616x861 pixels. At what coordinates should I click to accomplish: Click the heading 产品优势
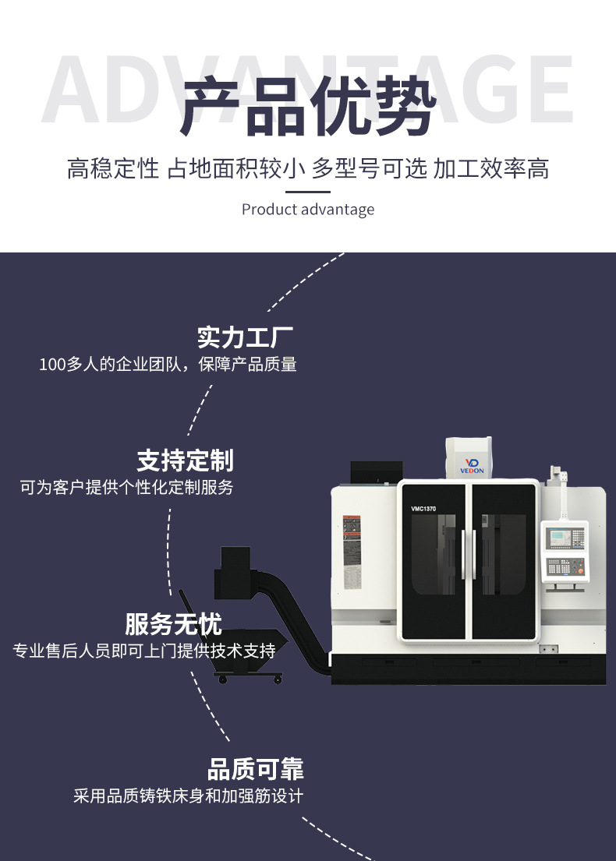pos(307,108)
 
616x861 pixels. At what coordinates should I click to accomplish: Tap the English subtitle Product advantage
pos(307,210)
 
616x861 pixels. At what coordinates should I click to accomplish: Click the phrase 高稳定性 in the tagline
pos(112,168)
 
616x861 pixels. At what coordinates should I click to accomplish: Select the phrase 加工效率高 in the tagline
pos(491,168)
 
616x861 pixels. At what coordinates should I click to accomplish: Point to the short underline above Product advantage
pos(307,192)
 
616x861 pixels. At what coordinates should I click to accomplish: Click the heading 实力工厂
pos(245,338)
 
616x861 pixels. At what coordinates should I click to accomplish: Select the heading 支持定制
pos(185,460)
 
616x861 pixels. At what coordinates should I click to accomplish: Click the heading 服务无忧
pos(173,624)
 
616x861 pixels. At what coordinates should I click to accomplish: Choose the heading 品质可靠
pos(255,770)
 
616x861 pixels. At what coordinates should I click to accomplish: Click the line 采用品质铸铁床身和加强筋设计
pos(188,796)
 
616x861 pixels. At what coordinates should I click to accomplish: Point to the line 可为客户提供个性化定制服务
pos(126,488)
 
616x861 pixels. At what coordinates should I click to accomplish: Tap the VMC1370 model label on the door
pos(423,509)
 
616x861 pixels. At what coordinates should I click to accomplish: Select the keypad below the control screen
pos(564,566)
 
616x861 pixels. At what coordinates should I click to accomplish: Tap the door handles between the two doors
pos(467,554)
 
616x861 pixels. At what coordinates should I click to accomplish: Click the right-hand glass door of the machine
pos(502,561)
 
